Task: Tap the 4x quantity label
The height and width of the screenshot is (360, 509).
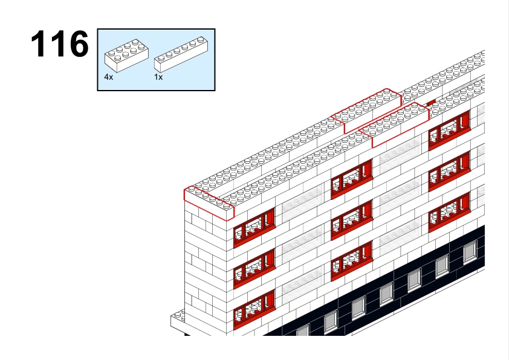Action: pyautogui.click(x=108, y=77)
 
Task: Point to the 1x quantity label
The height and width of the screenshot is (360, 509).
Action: pyautogui.click(x=158, y=77)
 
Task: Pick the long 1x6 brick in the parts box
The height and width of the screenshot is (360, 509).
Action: pyautogui.click(x=181, y=54)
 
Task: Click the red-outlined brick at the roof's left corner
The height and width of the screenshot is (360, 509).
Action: pyautogui.click(x=209, y=204)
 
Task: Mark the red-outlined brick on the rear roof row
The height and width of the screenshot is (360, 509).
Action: pyautogui.click(x=368, y=111)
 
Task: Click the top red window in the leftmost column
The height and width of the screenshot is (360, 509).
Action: pyautogui.click(x=254, y=227)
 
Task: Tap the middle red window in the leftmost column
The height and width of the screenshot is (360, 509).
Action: pyautogui.click(x=254, y=268)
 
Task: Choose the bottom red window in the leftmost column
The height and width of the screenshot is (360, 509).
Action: pyautogui.click(x=254, y=309)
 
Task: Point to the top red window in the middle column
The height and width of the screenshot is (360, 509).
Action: pyautogui.click(x=352, y=179)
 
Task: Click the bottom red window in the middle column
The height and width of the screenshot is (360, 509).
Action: pyautogui.click(x=352, y=261)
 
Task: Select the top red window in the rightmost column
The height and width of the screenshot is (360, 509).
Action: pyautogui.click(x=449, y=130)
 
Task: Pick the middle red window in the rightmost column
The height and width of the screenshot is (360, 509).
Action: pyautogui.click(x=449, y=172)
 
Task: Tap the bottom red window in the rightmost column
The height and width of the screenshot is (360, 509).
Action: pyautogui.click(x=449, y=212)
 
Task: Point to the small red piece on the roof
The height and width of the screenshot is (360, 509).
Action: pyautogui.click(x=431, y=103)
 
